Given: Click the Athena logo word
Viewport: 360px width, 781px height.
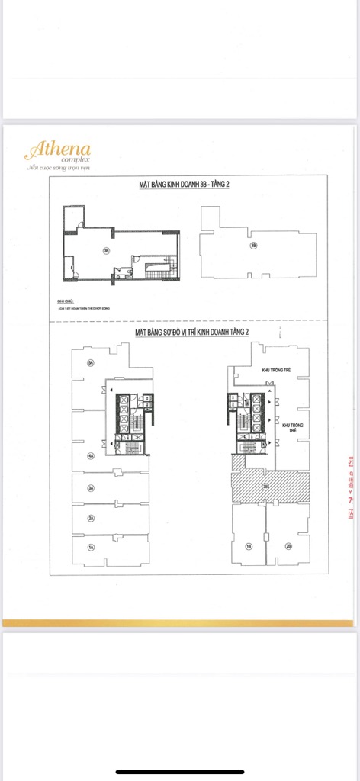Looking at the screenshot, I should (x=58, y=148).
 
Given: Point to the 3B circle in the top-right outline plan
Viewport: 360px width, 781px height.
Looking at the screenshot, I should (x=253, y=246).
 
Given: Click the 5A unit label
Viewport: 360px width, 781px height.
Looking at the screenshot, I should (x=90, y=362).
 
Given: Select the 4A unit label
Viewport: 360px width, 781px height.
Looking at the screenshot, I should (x=90, y=456).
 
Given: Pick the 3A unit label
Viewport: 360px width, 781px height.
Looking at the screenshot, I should (x=90, y=488).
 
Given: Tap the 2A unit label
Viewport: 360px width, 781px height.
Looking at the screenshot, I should (x=90, y=519).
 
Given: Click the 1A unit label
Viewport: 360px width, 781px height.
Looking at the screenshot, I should (x=90, y=548).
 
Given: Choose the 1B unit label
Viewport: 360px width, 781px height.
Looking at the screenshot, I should (x=249, y=546).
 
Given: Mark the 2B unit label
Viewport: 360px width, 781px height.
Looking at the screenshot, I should (x=288, y=546).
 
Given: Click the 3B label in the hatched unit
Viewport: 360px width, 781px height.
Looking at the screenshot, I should (x=265, y=486).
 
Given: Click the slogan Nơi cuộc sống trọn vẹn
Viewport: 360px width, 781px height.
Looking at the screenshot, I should (x=57, y=167).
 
